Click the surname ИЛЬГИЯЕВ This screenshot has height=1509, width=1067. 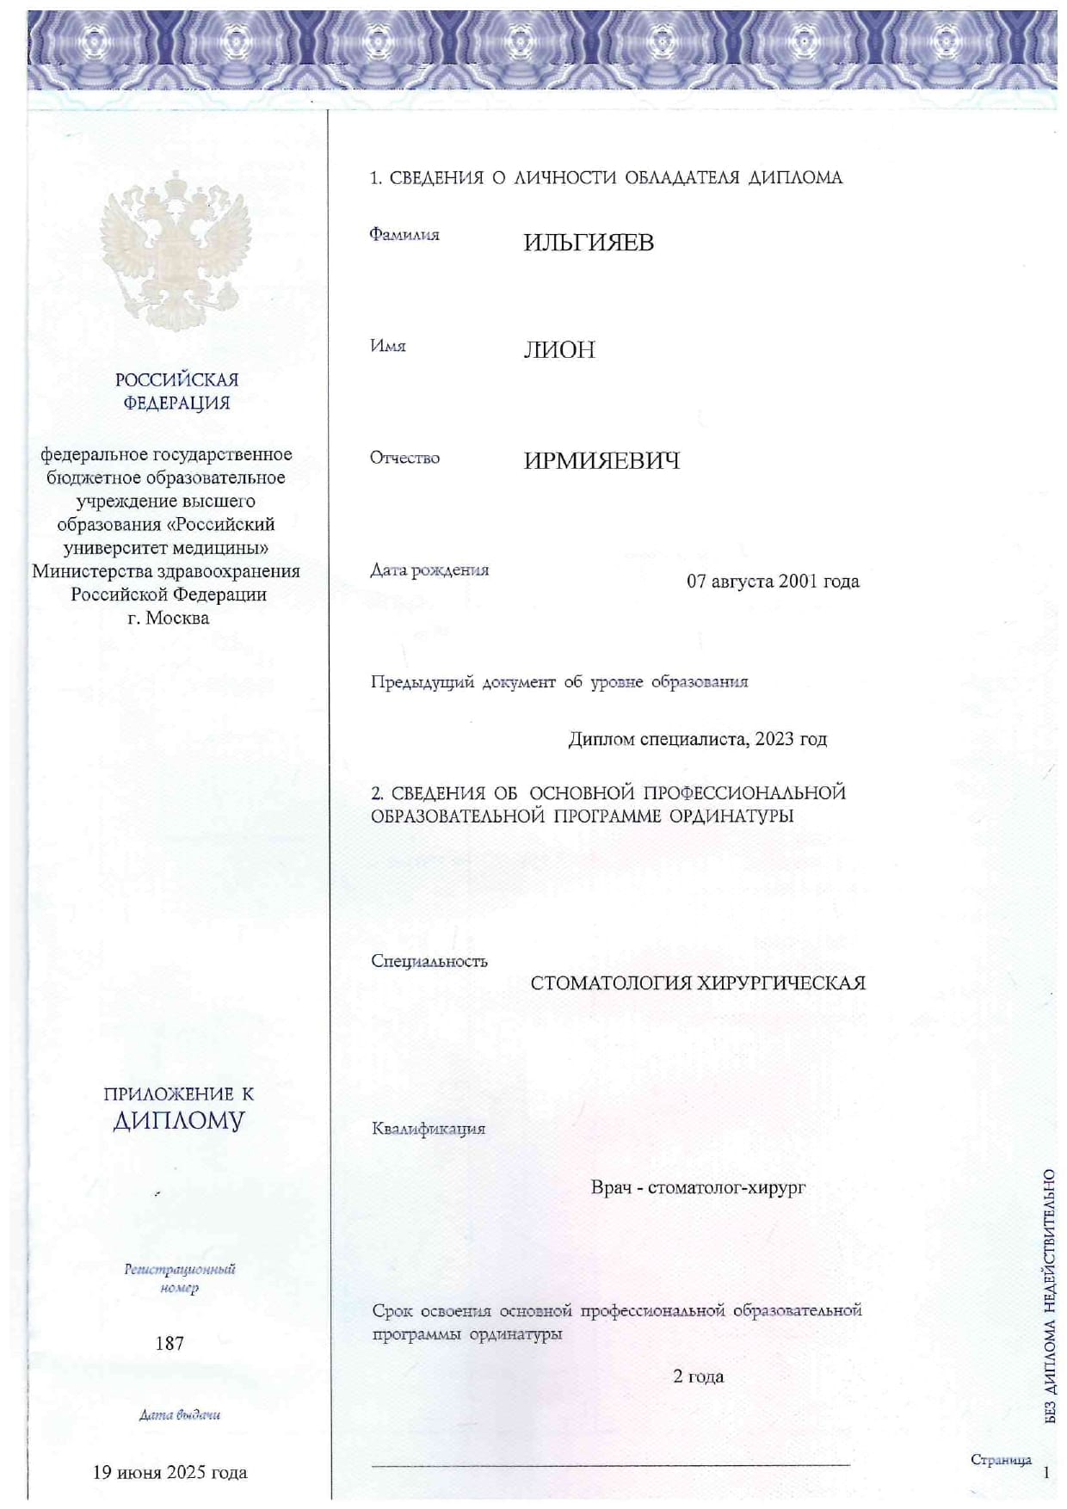[x=589, y=243]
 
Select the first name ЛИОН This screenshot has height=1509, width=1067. [x=559, y=350]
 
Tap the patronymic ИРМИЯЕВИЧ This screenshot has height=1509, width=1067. [x=601, y=461]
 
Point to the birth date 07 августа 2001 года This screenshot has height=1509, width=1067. [x=772, y=582]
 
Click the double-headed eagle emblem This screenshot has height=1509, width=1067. [x=176, y=250]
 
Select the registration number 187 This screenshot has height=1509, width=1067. [x=170, y=1343]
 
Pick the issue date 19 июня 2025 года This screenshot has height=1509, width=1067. [x=170, y=1472]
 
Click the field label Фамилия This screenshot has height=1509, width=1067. [x=404, y=235]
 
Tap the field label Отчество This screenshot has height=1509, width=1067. [x=404, y=458]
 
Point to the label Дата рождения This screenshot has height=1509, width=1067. [x=429, y=570]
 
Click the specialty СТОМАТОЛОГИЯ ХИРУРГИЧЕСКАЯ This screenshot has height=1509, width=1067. [x=698, y=983]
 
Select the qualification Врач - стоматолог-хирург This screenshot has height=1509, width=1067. [x=698, y=1188]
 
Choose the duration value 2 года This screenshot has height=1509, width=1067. [x=698, y=1377]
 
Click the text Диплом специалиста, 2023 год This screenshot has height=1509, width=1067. [x=697, y=739]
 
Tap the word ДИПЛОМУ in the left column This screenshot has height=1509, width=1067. [x=179, y=1121]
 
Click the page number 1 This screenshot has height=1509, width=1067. [x=1046, y=1473]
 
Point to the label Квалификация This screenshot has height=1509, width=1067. [x=429, y=1129]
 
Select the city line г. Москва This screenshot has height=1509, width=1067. [x=168, y=618]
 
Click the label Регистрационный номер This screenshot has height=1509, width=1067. [x=179, y=1278]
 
